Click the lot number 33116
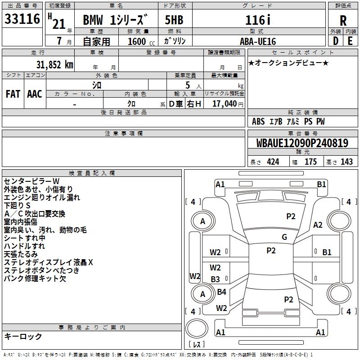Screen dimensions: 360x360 coord(21,19)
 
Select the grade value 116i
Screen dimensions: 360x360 coord(257,20)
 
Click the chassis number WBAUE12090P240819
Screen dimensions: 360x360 coord(302,144)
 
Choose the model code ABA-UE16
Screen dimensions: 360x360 coord(257,41)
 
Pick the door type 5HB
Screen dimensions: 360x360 coord(174,20)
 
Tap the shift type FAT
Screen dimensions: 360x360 coord(13,94)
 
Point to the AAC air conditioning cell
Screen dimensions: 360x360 coord(34,94)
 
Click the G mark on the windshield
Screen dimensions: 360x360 coord(284,237)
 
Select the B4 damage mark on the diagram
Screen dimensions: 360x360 coord(221,292)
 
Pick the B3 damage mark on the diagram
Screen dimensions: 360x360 coord(216,279)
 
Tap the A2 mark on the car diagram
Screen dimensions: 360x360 coord(318,225)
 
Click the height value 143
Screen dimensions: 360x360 coord(346,162)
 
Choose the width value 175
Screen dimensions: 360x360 coord(310,162)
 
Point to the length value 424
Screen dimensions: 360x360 coord(273,162)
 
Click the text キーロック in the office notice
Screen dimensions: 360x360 coord(23,337)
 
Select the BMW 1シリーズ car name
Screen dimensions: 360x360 coord(115,20)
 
